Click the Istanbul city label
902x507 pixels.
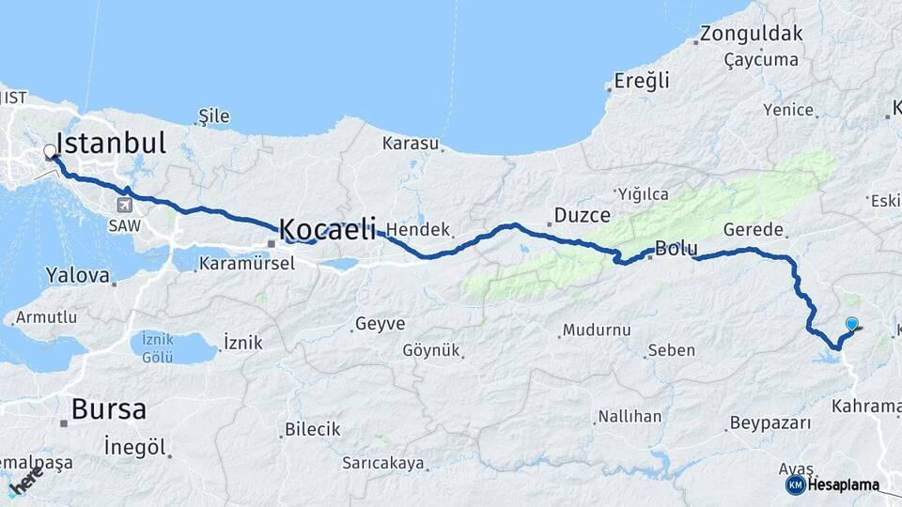coord(111,143)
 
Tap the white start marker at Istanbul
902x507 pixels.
coord(50,151)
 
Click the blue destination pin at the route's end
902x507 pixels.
coord(851,325)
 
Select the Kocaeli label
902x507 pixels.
coord(328,228)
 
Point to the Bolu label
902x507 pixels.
coord(676,250)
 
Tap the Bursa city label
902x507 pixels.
coord(109,410)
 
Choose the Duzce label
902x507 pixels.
coord(583,216)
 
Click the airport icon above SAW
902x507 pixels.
coord(125,205)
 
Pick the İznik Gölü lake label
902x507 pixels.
coord(151,347)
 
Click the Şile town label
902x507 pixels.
coord(213,116)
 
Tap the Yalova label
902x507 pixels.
coord(78,276)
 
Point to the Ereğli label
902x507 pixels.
coord(643,81)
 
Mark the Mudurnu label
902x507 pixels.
coord(595,330)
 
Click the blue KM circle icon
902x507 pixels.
coord(795,484)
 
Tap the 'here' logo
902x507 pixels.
coord(26,478)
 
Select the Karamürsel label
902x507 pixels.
coord(247,264)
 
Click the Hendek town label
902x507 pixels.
coord(418,230)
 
